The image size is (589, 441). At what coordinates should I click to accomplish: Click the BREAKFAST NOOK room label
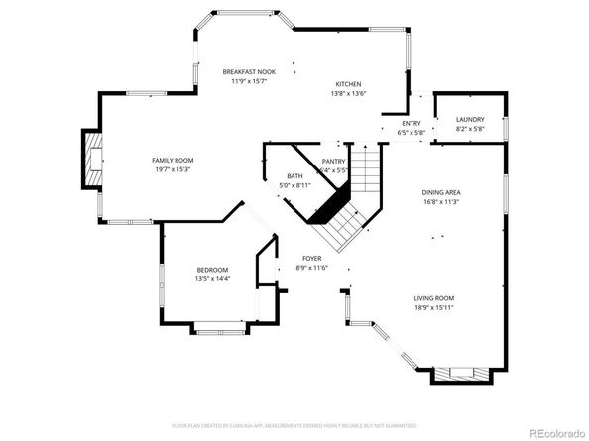point(249,72)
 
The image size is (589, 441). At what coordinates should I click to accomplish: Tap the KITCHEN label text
point(348,84)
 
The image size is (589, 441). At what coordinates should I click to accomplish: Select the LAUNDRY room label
point(470,119)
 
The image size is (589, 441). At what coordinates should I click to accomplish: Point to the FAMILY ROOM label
point(172,160)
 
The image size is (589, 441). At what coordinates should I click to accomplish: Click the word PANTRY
point(333,161)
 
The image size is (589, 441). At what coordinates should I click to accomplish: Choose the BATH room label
point(295,175)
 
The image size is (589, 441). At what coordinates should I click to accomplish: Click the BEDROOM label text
point(212,270)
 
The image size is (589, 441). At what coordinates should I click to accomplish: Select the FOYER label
point(311,258)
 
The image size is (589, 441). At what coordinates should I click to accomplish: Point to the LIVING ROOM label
point(433,298)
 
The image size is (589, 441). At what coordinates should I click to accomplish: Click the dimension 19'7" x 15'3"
point(172,169)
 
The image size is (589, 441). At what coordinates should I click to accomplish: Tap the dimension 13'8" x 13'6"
point(348,94)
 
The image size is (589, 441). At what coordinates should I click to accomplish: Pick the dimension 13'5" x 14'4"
point(212,279)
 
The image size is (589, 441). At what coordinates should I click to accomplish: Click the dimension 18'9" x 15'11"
point(433,308)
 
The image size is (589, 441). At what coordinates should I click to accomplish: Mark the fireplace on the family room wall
point(93,159)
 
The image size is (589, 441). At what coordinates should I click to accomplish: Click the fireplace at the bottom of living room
point(461,375)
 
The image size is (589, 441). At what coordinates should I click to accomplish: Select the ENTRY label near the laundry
point(411,123)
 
